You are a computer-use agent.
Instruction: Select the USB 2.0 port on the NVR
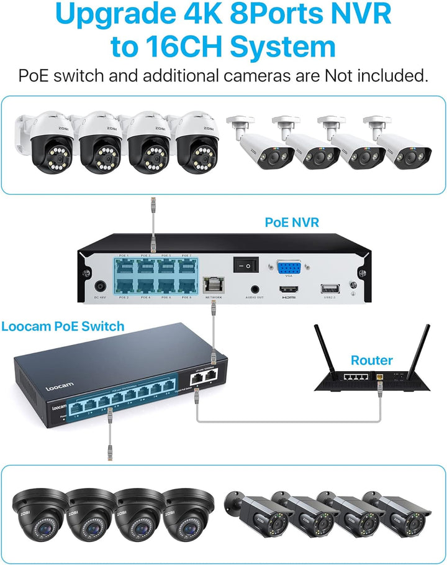(x=327, y=288)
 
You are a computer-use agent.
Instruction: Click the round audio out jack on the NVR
(x=255, y=289)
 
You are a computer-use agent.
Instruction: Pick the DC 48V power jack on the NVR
(x=99, y=288)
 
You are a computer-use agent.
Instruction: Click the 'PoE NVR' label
(x=292, y=222)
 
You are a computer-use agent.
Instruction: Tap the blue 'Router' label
(x=371, y=361)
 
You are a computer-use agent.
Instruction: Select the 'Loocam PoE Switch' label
(x=63, y=326)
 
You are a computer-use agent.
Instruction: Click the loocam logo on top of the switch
(x=60, y=386)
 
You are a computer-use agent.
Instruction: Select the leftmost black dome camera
(x=38, y=510)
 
